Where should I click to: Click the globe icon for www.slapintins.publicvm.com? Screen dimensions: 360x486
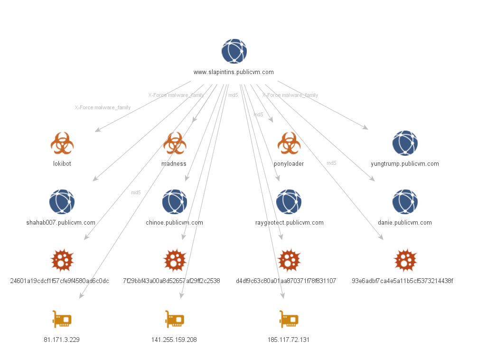234,51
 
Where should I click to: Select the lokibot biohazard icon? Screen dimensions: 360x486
62,143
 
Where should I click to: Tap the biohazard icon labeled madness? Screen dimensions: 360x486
175,143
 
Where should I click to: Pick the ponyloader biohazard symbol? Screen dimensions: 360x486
289,143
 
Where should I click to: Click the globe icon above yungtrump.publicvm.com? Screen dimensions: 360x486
405,143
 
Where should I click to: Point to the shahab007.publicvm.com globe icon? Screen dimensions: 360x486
62,202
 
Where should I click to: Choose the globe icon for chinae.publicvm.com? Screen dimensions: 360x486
175,202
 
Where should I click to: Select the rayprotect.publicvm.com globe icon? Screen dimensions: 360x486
289,202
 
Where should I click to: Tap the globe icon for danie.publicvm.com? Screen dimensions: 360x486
405,202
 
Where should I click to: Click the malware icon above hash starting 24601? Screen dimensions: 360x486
62,260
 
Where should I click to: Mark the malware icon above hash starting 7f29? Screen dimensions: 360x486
175,260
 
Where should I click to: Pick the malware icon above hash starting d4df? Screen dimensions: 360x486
289,260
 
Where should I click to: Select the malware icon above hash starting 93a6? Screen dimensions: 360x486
405,260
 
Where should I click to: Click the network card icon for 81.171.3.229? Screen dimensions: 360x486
62,319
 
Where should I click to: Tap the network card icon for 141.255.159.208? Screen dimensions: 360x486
175,319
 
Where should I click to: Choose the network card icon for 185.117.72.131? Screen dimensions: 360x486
289,319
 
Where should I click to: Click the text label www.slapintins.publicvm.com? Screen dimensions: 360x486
234,72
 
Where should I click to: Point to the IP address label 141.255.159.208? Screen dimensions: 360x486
174,340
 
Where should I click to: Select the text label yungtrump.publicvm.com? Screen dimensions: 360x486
404,164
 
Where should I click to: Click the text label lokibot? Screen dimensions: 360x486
62,164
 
